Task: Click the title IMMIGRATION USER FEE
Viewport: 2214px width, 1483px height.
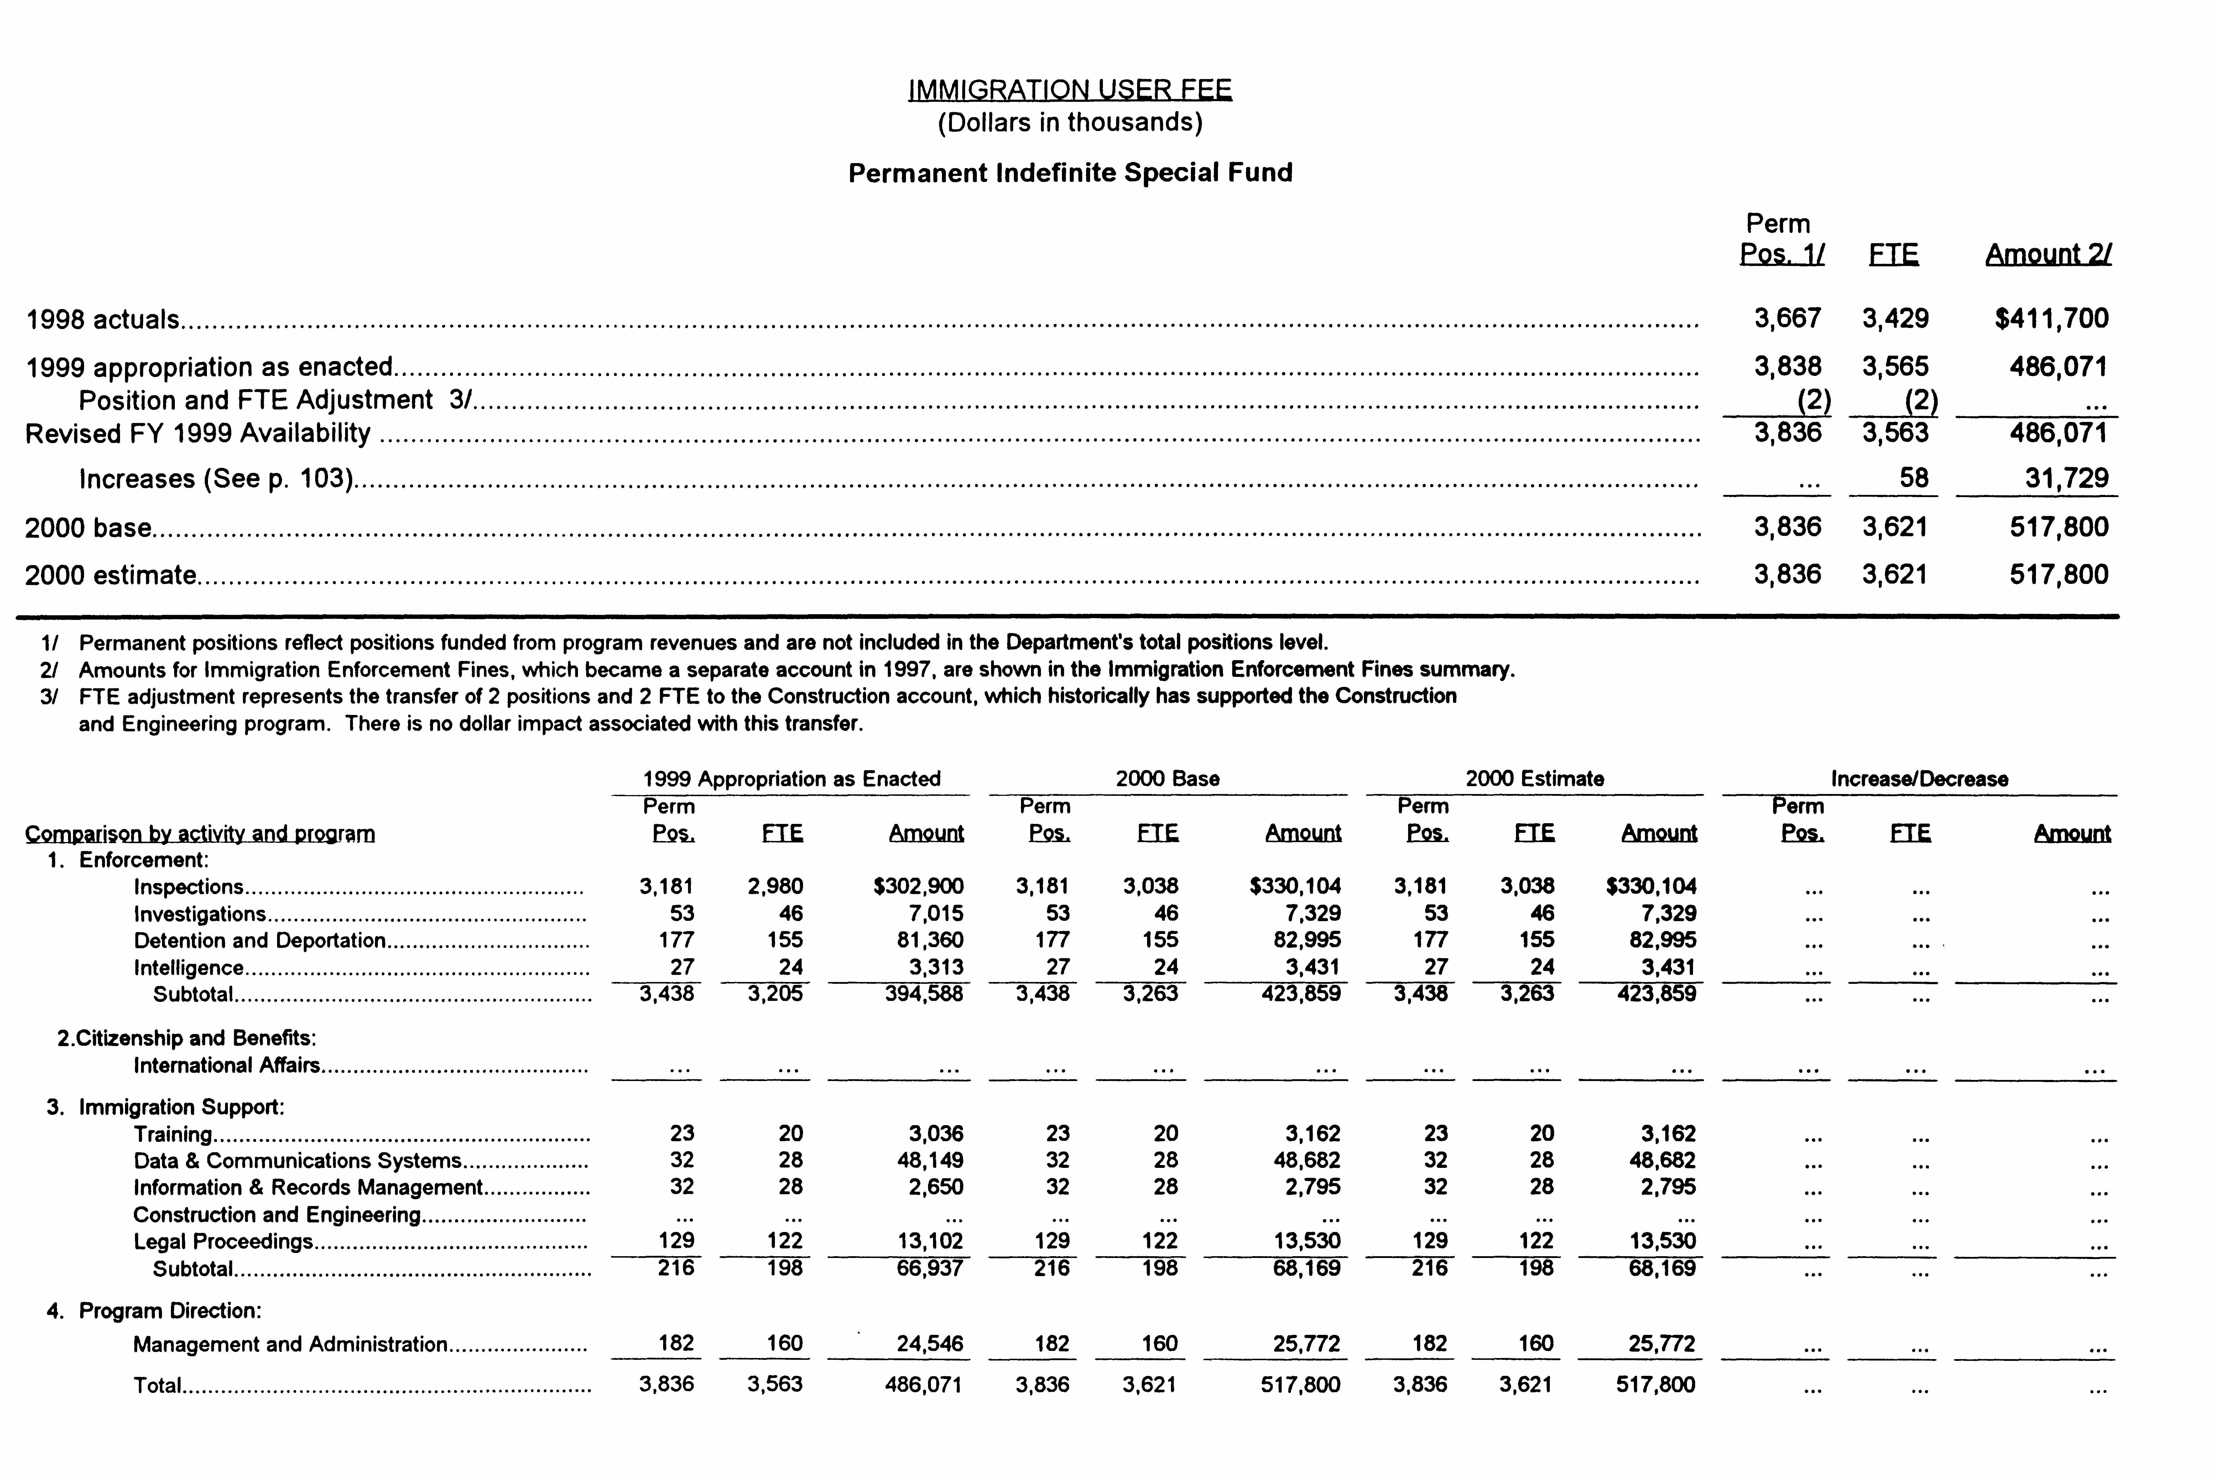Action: pos(1070,90)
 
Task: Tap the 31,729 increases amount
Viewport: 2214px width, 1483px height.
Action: pos(2067,479)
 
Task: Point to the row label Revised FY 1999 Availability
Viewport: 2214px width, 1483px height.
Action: pos(198,433)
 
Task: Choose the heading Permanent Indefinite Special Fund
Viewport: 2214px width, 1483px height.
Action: pos(1070,173)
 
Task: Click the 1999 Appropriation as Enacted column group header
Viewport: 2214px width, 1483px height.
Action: pos(792,779)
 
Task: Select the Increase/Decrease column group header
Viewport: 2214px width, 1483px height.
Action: pos(1919,779)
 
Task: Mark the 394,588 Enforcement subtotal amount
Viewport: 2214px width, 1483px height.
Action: pos(923,994)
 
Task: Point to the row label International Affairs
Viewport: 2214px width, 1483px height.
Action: pos(226,1066)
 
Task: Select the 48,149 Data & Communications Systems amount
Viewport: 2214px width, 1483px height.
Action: pos(930,1160)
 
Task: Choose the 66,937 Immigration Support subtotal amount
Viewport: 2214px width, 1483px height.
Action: pos(929,1268)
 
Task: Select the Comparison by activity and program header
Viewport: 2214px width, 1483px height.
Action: pos(199,834)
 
